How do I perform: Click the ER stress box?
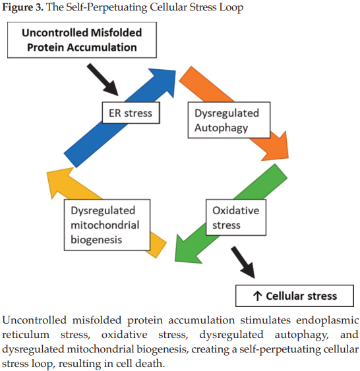[x=131, y=113]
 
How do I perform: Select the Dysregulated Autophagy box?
[x=229, y=120]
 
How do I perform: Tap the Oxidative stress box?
[x=236, y=217]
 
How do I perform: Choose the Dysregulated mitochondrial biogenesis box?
[x=107, y=225]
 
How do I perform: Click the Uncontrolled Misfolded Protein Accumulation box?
[x=82, y=40]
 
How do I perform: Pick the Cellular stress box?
[x=295, y=296]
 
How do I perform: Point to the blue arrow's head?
[x=164, y=80]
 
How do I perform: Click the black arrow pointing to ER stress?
[x=103, y=80]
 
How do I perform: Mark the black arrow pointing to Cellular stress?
[x=243, y=262]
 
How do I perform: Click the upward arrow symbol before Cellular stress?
[x=257, y=296]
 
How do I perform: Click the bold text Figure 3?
[x=22, y=7]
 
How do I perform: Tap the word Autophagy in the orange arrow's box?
[x=221, y=128]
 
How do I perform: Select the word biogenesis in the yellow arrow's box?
[x=96, y=240]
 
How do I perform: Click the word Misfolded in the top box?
[x=116, y=33]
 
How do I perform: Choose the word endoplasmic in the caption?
[x=327, y=320]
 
